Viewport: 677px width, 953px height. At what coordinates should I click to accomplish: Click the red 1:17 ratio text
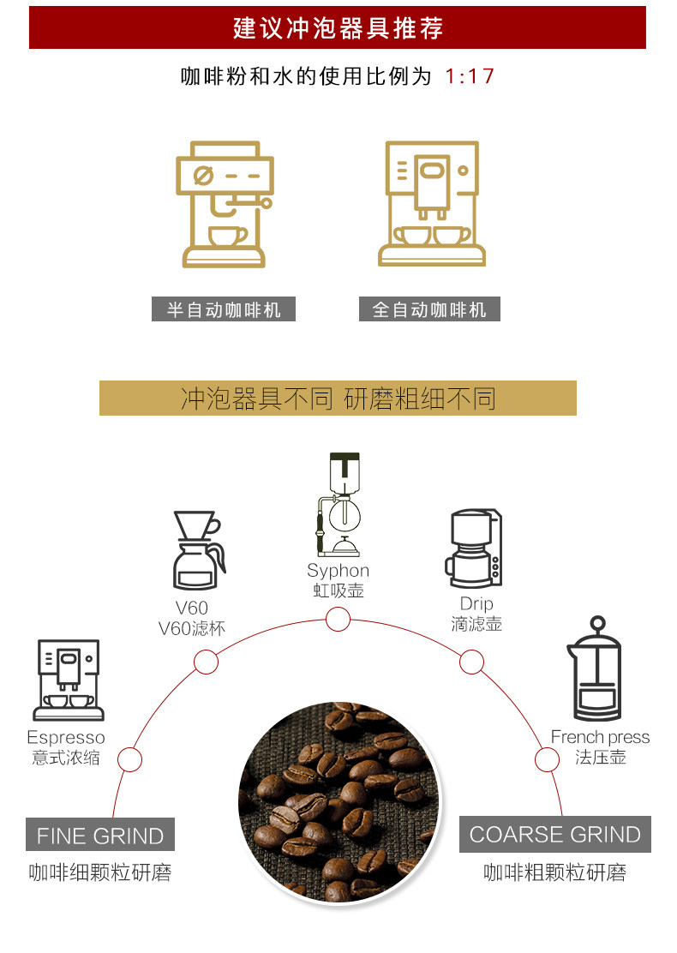point(470,76)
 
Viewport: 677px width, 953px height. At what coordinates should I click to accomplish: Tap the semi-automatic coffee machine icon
point(225,204)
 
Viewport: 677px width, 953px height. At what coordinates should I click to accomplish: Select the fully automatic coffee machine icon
point(431,204)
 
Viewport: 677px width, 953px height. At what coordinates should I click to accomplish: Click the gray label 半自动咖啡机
point(224,309)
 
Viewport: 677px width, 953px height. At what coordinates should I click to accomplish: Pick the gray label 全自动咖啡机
point(429,309)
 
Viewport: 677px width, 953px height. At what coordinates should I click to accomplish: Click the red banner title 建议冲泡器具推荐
point(338,28)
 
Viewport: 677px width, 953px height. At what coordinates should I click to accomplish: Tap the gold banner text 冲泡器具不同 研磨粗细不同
point(338,399)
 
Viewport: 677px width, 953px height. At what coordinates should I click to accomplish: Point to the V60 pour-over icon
point(198,551)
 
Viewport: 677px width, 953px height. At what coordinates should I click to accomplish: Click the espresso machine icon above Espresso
point(68,680)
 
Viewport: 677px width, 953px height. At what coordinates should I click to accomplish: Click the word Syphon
point(338,571)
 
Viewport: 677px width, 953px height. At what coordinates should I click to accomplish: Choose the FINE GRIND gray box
point(100,836)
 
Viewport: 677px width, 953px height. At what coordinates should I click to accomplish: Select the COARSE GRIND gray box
point(554,835)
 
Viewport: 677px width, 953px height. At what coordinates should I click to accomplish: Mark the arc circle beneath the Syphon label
point(338,620)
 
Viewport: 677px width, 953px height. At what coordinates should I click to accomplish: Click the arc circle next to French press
point(547,759)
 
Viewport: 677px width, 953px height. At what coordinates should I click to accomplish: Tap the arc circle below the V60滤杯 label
point(206,662)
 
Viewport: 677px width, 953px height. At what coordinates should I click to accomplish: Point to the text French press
point(600,737)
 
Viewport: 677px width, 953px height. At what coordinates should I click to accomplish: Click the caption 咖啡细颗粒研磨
point(100,873)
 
